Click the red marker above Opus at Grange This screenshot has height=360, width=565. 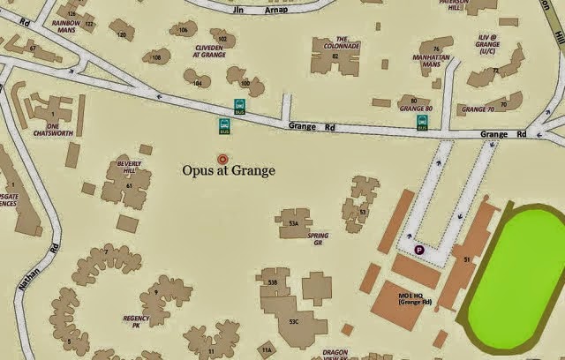(x=222, y=158)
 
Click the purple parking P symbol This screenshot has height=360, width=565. (x=419, y=251)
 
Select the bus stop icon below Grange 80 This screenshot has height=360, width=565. (x=422, y=124)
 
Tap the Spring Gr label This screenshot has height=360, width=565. (x=318, y=240)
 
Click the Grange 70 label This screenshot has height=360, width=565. (x=478, y=109)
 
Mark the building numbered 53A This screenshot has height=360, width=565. (x=294, y=223)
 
